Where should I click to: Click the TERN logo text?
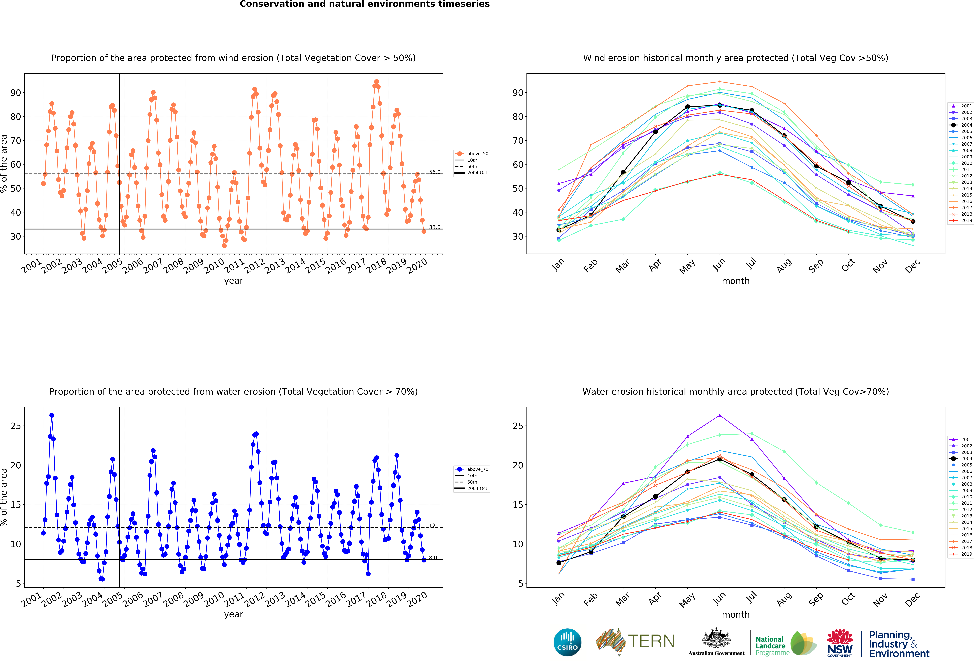point(651,641)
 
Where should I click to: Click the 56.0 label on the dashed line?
point(435,172)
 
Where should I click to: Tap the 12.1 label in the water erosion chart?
point(435,525)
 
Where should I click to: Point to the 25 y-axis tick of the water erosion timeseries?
point(15,426)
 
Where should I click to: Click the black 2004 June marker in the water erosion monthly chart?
point(720,459)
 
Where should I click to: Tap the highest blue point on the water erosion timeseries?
point(52,416)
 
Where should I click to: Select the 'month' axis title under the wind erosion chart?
point(736,281)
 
